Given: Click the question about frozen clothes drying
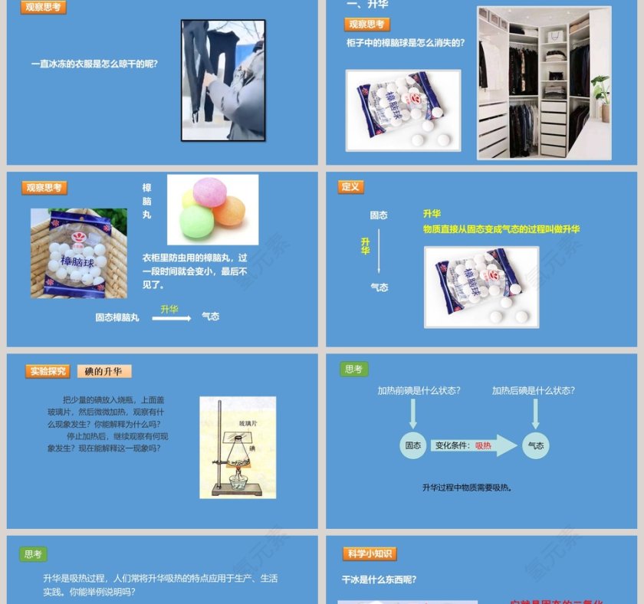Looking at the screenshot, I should coord(94,64).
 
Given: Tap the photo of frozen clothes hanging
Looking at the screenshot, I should coord(223,80).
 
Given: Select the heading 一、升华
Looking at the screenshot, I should coord(367,5).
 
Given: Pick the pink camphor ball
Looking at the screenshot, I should coord(209,192).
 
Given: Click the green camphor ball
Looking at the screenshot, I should coord(196,222).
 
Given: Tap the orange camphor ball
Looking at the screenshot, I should coord(229,211).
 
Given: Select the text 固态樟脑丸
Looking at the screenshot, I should coord(117,317).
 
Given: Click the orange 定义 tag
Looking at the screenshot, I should coord(350,187).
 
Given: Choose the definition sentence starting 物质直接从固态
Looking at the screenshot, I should coord(501,229).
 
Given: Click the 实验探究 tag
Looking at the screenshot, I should coord(48,371).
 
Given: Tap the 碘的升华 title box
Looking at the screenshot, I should coord(104,371).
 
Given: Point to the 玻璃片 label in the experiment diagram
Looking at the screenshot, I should coord(249,423).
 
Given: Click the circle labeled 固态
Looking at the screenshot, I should coord(412,445).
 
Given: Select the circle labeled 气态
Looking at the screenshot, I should coord(536,445).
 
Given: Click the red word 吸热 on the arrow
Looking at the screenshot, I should coord(483,445).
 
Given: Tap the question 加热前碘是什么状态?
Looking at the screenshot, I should coord(419,390).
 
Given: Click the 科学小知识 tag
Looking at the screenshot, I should coord(370,553).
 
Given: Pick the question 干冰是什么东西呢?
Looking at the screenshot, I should coord(379,579).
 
